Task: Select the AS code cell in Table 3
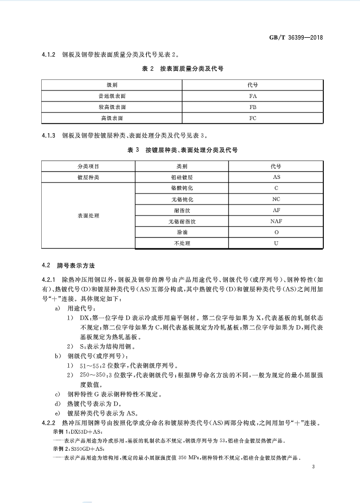[x=276, y=177]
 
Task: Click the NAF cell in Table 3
[x=276, y=221]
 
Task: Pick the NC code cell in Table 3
[x=276, y=199]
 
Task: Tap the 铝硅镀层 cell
[x=182, y=177]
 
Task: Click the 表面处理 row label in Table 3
[x=88, y=215]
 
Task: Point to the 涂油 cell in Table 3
[x=182, y=232]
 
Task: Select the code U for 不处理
[x=276, y=243]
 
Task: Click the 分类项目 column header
[x=88, y=166]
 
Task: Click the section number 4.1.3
[x=48, y=136]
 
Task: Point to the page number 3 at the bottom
[x=313, y=468]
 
